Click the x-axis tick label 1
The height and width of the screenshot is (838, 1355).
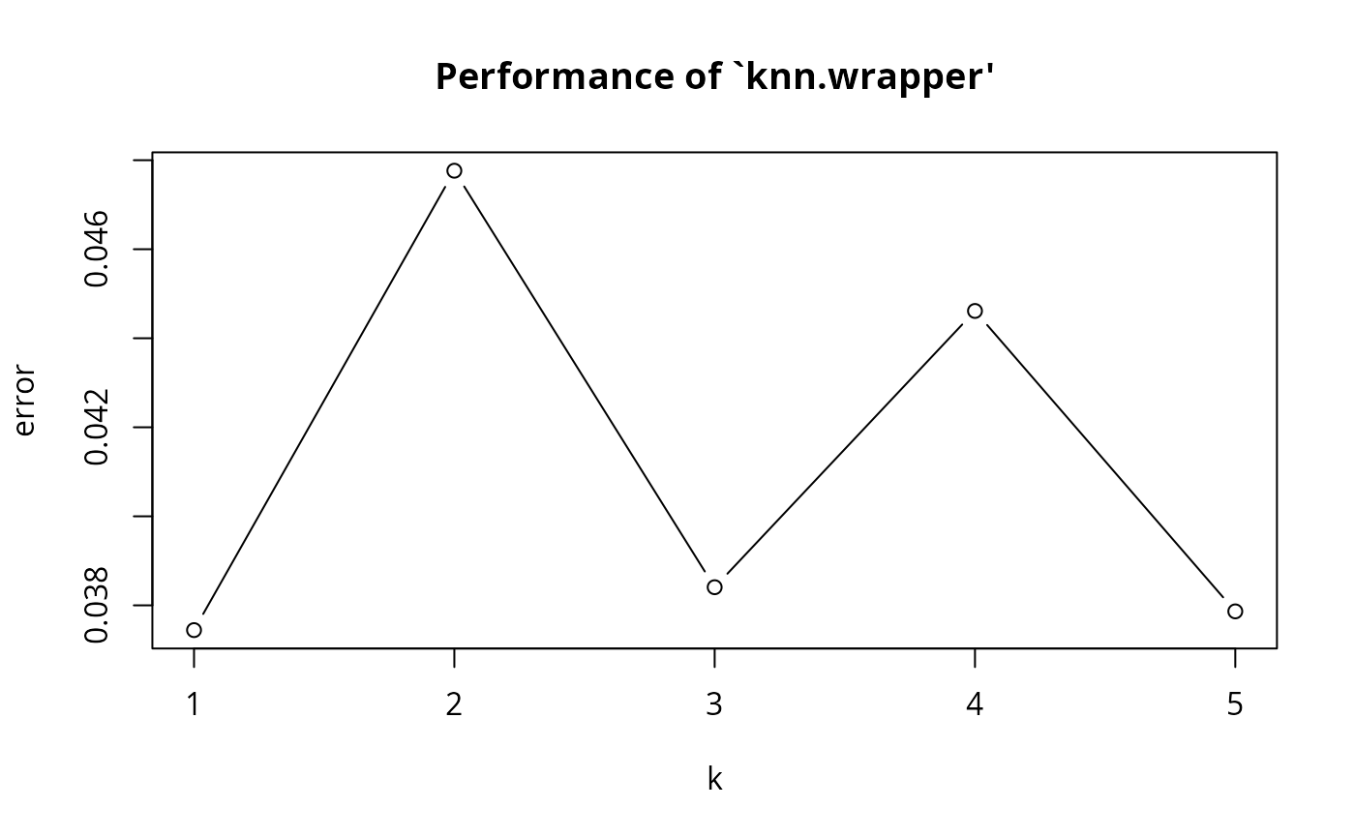pos(194,704)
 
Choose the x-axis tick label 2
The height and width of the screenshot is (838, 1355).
pos(454,704)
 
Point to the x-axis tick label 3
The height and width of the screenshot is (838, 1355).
pos(714,704)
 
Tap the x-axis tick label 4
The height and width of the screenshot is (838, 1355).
pos(975,704)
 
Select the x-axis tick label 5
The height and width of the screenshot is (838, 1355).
pos(1235,704)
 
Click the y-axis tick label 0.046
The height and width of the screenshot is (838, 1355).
pos(97,249)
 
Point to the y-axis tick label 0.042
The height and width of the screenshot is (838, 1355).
pos(97,427)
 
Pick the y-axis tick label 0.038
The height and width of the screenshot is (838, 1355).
pos(97,605)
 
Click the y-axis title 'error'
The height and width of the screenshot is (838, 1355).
pos(25,401)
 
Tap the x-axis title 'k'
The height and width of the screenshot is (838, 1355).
pos(714,779)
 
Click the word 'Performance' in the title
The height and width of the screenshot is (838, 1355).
pos(554,77)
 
